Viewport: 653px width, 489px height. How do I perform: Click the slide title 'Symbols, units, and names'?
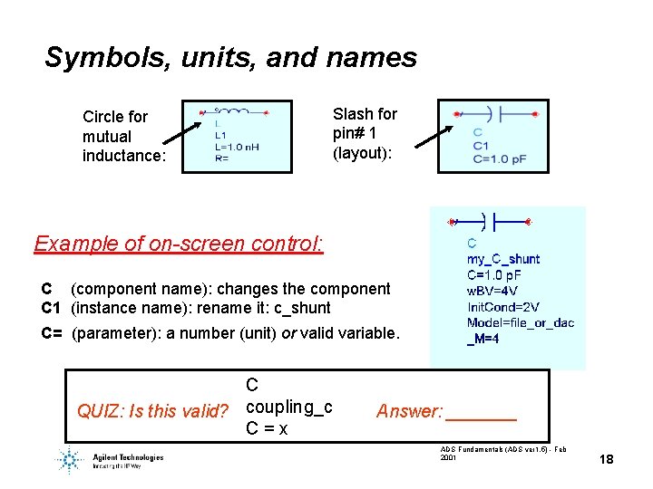230,58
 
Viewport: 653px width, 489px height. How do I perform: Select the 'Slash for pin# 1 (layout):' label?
365,133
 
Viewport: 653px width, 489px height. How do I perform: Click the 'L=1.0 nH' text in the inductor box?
237,147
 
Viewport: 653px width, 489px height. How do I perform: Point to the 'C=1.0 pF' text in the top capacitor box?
499,159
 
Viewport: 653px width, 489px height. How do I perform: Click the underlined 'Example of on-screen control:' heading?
178,244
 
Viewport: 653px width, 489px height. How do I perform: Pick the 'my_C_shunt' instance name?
502,259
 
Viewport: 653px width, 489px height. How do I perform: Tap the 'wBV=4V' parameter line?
492,291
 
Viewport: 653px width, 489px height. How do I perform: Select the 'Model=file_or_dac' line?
520,323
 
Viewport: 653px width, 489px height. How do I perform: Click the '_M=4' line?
483,340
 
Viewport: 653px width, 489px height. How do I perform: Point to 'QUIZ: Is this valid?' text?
152,412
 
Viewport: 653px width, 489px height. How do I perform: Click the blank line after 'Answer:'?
482,414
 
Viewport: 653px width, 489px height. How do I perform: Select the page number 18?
606,460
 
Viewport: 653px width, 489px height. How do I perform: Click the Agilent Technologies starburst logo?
70,459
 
